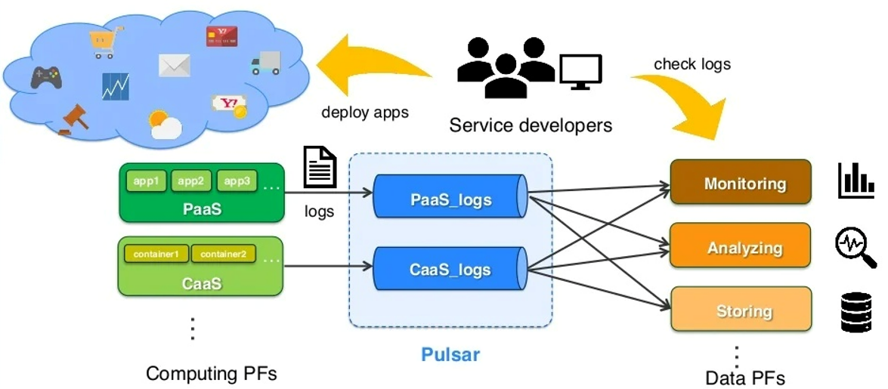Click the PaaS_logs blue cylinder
pos(450,199)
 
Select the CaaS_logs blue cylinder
pos(450,270)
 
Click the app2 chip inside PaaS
pos(190,182)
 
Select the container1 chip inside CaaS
pos(156,255)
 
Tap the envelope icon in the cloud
pos(174,66)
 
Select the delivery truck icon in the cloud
pos(265,63)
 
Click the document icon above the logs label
pos(319,168)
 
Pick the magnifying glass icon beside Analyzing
pos(856,248)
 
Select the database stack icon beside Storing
pos(856,312)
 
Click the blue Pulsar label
pos(450,353)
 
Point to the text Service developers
pos(531,125)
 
